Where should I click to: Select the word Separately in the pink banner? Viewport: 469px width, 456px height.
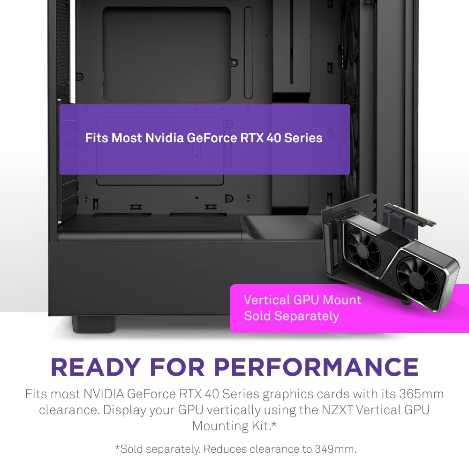[306, 316]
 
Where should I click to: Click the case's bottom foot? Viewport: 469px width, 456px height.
[94, 324]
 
